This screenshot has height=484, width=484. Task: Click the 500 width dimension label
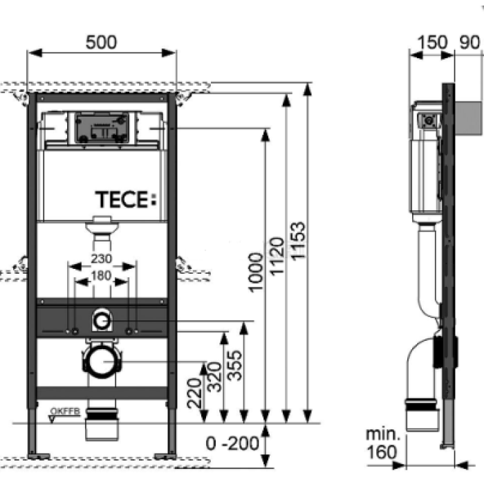(101, 41)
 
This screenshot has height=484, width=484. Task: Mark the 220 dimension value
(196, 387)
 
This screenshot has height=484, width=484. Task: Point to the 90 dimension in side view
(468, 42)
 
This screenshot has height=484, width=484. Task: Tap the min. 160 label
(382, 443)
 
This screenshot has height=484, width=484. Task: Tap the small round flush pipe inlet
(102, 320)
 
